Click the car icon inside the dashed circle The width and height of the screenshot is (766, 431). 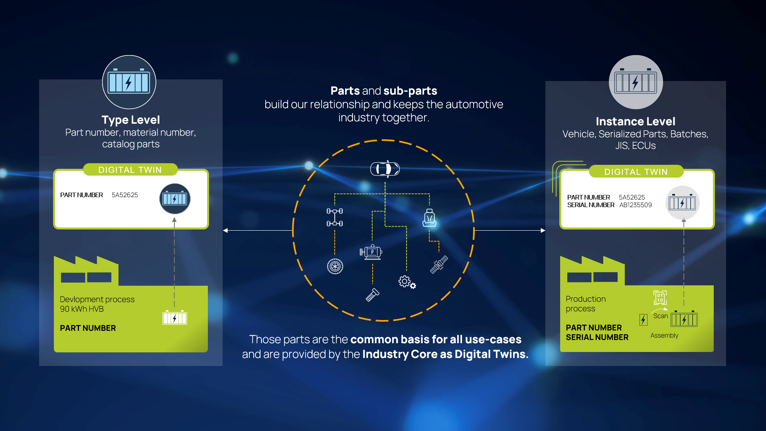pos(385,169)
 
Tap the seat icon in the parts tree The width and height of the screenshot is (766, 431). pos(429,218)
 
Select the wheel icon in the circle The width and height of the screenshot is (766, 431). pos(335,266)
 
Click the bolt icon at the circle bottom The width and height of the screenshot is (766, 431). pos(372,295)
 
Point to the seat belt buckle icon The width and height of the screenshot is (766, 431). pos(439,265)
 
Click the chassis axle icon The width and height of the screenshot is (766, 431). pos(335,217)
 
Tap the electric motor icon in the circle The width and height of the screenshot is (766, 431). pos(371,252)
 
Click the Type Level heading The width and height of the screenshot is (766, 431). pos(130,120)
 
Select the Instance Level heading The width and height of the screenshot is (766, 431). pos(635,121)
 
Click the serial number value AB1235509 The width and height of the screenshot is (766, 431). pos(635,205)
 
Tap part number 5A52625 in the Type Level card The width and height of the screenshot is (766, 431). pos(124,195)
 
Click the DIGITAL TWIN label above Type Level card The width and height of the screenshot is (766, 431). pos(130,170)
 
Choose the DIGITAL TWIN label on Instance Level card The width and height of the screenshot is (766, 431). pos(636,172)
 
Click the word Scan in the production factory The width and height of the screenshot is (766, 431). pos(660,316)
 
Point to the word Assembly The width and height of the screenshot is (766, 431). pos(664,336)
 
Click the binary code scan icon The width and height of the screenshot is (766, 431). pos(660,298)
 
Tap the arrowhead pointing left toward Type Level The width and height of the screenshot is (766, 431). pos(225,231)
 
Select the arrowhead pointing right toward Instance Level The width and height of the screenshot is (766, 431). pos(543,231)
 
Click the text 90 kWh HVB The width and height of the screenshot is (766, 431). pos(82,309)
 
